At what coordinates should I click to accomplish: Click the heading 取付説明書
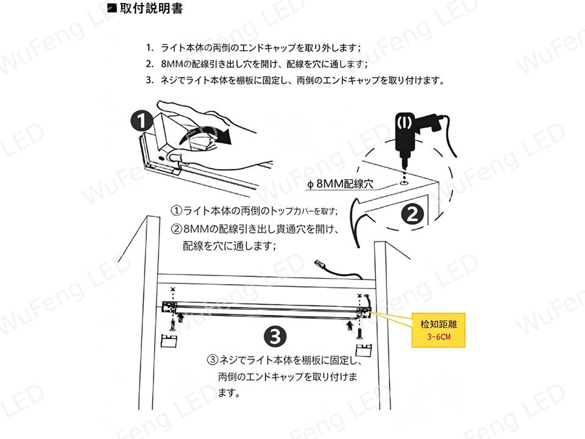coord(151,8)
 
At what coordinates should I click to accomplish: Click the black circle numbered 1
coord(142,121)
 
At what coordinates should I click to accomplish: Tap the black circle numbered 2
coord(413,214)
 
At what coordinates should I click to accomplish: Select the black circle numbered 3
coord(275,337)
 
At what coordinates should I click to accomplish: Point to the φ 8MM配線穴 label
coord(340,184)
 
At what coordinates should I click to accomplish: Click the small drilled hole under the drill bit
coord(403,184)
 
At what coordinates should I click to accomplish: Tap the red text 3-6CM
coord(439,337)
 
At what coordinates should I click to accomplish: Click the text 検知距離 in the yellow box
coord(439,324)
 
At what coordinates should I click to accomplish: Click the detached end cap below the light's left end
coord(169,340)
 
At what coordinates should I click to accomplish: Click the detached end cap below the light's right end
coord(364,350)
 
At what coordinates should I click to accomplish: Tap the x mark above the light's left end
coord(172,289)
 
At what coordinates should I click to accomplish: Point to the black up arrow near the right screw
coord(350,325)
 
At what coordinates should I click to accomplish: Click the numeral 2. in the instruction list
coord(150,64)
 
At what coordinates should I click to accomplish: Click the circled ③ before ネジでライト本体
coord(212,360)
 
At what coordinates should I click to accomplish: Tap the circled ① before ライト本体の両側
coord(176,211)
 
